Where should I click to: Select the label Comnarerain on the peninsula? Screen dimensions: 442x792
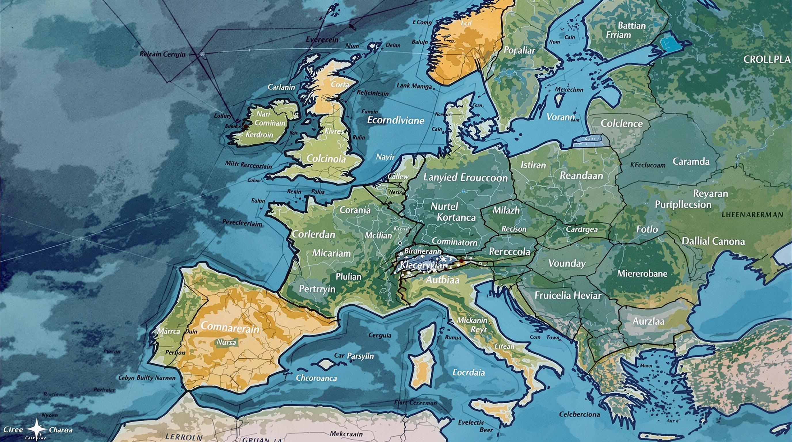click(x=230, y=327)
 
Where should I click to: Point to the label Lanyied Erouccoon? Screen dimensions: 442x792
click(x=465, y=178)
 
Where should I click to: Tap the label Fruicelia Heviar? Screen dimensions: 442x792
click(x=568, y=296)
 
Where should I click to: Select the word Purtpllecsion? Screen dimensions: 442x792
click(x=683, y=205)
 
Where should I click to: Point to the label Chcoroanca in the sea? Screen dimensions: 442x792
click(x=316, y=378)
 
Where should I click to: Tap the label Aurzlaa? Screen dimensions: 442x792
click(x=648, y=321)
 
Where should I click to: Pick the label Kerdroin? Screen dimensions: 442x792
click(x=259, y=135)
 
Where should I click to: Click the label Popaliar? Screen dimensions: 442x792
click(x=519, y=50)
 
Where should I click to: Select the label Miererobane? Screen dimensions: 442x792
click(x=642, y=274)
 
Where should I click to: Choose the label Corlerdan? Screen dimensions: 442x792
click(x=313, y=235)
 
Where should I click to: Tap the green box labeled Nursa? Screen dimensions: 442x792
click(x=226, y=342)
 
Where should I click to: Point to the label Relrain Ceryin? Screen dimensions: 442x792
click(x=162, y=54)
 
